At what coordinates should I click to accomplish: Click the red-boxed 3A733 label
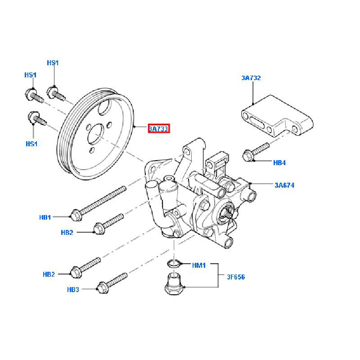[x=158, y=129]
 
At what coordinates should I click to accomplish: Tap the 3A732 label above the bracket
[x=251, y=78]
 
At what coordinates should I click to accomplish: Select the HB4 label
[x=279, y=162]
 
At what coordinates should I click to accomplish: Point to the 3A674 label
[x=284, y=184]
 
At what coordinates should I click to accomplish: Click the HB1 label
[x=45, y=217]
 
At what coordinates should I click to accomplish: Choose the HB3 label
[x=73, y=289]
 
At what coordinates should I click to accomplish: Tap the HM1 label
[x=198, y=265]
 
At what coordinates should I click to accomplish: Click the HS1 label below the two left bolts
[x=31, y=144]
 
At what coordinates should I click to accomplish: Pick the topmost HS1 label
[x=53, y=63]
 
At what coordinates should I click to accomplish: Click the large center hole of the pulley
[x=96, y=135]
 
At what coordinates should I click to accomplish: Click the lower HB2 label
[x=49, y=274]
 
